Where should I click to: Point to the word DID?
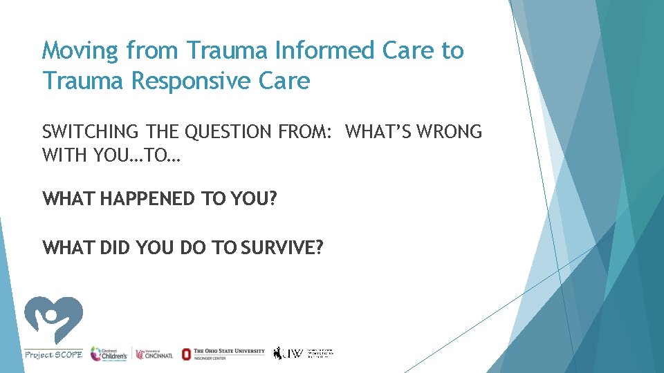tap(122, 247)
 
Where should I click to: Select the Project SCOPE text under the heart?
tap(53, 354)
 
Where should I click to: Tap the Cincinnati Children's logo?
tap(109, 353)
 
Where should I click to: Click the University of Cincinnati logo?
tap(154, 354)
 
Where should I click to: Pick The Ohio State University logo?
tap(223, 353)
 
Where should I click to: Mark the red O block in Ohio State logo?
tap(186, 354)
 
